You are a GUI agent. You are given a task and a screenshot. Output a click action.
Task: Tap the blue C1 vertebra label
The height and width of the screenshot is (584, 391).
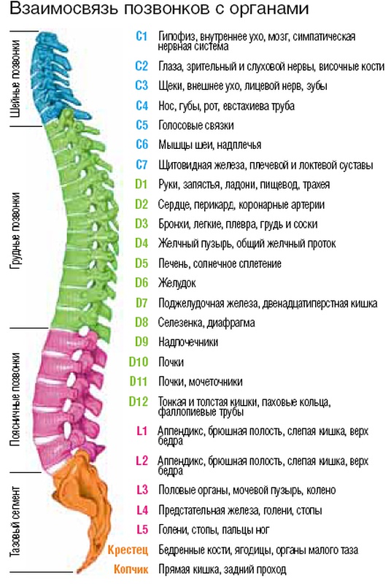[142, 36]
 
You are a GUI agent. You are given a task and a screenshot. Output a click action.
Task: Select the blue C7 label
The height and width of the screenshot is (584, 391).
[142, 164]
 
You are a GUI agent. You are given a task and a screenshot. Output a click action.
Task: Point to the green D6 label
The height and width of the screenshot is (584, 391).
[142, 283]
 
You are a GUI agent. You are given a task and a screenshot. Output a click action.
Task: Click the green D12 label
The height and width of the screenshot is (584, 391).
[139, 401]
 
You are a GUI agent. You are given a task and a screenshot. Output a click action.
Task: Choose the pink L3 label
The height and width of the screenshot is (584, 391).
[142, 490]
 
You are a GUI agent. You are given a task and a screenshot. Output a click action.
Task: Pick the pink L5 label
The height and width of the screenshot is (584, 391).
[142, 529]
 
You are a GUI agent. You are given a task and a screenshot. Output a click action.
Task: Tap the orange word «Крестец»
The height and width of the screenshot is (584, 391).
[128, 550]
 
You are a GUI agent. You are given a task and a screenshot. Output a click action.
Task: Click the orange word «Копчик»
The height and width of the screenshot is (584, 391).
[131, 569]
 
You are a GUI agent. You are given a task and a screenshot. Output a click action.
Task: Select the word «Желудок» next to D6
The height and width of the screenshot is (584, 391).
[177, 283]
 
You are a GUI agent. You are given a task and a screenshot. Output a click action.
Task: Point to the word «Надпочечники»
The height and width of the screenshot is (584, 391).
[188, 342]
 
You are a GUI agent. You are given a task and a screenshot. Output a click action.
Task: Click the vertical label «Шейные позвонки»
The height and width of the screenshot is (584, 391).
[15, 79]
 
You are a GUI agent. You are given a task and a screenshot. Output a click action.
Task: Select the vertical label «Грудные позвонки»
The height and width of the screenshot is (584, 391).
[15, 231]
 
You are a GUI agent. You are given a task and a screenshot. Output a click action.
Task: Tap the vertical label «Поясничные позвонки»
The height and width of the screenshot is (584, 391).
[15, 399]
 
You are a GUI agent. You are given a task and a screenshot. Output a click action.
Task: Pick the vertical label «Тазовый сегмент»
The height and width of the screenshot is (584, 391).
[15, 521]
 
